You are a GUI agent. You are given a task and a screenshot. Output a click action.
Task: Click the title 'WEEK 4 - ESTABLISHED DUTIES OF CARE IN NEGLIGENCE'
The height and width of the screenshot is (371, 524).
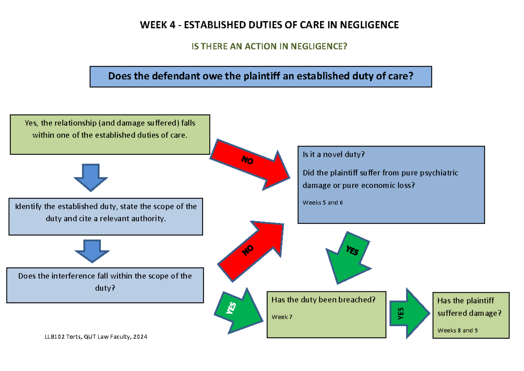(x=269, y=25)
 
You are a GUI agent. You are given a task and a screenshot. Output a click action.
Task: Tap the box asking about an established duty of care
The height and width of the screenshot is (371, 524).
(x=260, y=76)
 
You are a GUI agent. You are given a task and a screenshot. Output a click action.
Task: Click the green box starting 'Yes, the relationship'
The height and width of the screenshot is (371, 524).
(x=110, y=134)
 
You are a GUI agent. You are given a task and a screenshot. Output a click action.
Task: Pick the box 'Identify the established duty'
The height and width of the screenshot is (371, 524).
(x=106, y=216)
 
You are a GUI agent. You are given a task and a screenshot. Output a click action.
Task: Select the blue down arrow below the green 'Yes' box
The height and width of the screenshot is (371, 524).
(x=91, y=177)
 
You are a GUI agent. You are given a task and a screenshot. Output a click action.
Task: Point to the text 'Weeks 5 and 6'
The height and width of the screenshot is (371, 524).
(x=323, y=203)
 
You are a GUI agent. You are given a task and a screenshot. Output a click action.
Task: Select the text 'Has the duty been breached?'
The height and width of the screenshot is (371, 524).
(x=323, y=300)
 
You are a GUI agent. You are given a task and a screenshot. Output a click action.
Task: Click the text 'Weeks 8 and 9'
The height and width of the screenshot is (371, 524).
(x=457, y=330)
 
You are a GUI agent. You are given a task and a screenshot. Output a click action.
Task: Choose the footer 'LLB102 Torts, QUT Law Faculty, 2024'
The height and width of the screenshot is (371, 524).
(x=96, y=337)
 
